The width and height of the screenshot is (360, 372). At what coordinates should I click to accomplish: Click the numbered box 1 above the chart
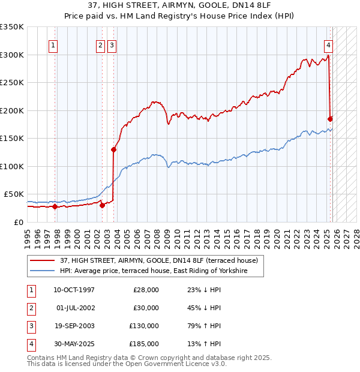[x=53, y=44]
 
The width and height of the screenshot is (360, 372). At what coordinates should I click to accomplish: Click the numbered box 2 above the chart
[x=100, y=44]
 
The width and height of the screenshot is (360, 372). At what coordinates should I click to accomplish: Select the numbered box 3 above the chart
[x=112, y=44]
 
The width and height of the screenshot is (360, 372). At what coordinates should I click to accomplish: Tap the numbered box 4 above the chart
[x=329, y=44]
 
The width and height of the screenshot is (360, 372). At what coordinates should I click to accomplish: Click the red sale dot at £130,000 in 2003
[x=113, y=149]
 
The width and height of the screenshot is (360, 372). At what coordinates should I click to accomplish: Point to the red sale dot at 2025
[x=331, y=119]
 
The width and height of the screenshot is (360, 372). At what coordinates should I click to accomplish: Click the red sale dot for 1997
[x=55, y=206]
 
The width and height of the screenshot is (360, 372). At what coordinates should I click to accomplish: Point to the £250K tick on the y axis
[x=12, y=83]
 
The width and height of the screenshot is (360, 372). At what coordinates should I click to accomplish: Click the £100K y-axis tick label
[x=12, y=166]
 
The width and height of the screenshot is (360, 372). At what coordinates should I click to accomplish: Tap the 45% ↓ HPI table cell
[x=205, y=308]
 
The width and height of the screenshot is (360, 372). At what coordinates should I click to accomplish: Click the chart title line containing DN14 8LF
[x=180, y=6]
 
